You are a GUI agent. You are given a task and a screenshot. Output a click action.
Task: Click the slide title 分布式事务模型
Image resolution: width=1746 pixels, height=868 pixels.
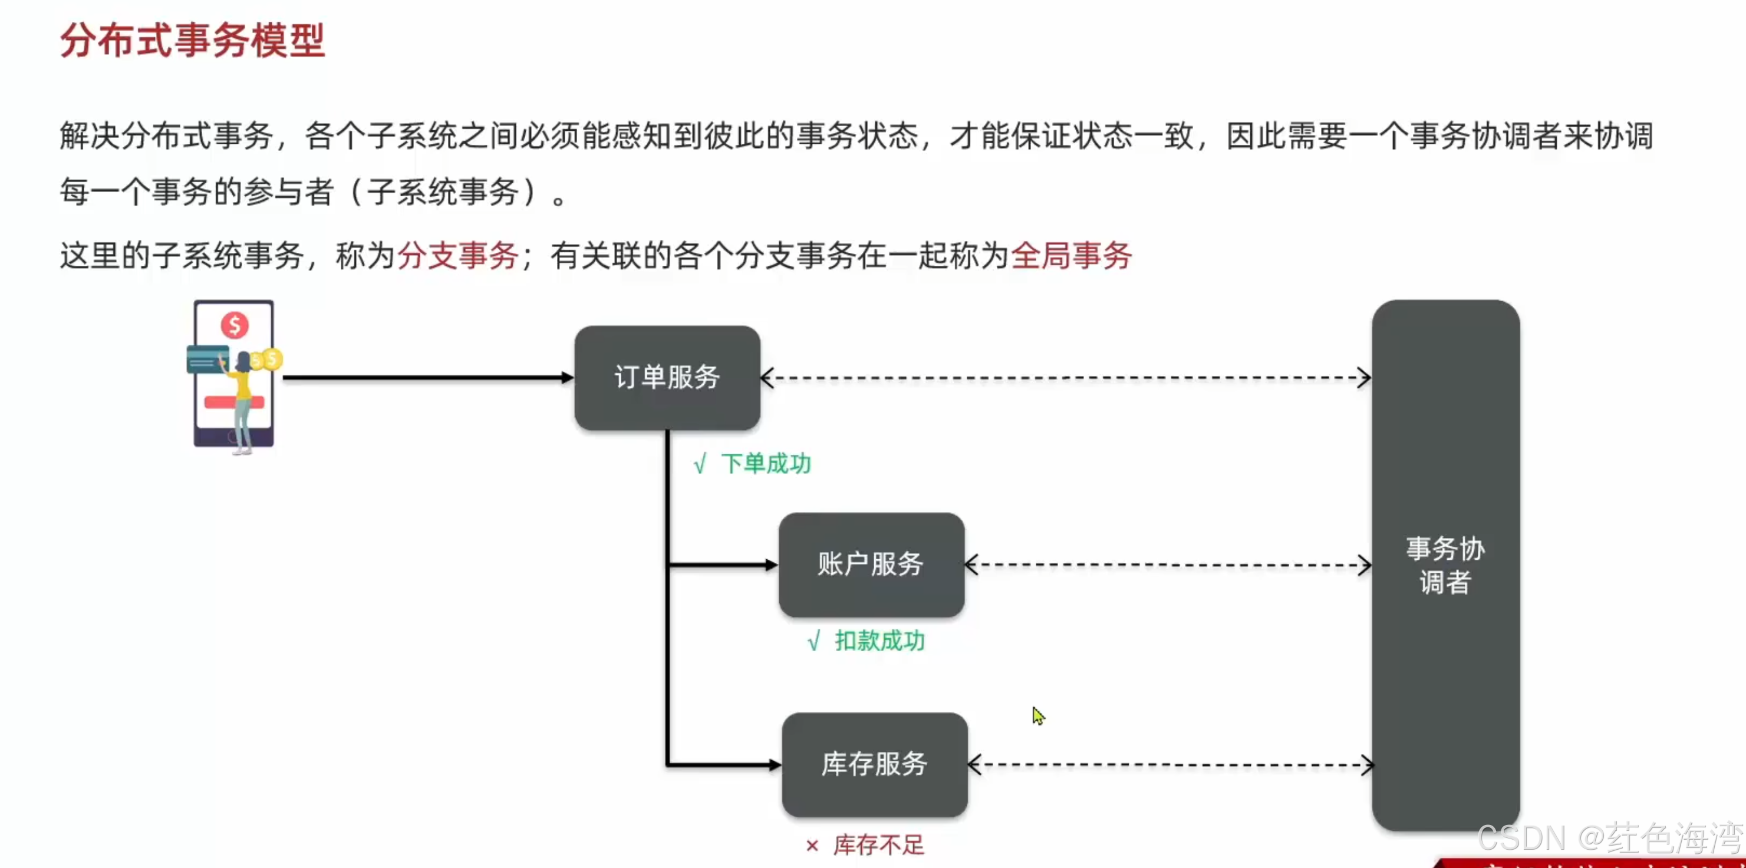(193, 41)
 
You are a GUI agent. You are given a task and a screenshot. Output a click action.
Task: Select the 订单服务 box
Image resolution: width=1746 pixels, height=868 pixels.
(667, 377)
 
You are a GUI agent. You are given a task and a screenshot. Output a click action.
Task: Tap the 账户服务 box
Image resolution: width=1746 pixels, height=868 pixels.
(871, 565)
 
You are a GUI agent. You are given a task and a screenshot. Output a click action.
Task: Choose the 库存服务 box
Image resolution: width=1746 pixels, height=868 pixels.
(874, 764)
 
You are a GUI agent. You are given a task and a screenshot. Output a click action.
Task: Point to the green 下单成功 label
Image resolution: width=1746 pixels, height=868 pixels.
(766, 464)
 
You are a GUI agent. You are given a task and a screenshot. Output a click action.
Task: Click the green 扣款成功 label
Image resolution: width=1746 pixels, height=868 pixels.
(879, 641)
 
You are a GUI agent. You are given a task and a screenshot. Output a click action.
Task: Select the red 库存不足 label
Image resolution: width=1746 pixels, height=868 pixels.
(878, 845)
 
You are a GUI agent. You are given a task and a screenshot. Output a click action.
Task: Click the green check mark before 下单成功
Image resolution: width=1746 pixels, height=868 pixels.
(700, 465)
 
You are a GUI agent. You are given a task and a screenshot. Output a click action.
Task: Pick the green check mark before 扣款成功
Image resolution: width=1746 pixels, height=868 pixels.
(814, 641)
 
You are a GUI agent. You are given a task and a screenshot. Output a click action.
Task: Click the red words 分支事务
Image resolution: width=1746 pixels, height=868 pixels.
(458, 256)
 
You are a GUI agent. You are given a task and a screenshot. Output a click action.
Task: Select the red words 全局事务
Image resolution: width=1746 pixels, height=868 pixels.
(1072, 256)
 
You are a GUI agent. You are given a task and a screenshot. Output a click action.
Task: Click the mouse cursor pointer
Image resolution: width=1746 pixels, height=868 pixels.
(1037, 715)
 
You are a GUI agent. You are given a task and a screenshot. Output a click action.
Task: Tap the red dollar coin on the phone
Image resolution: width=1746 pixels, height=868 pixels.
(235, 325)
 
